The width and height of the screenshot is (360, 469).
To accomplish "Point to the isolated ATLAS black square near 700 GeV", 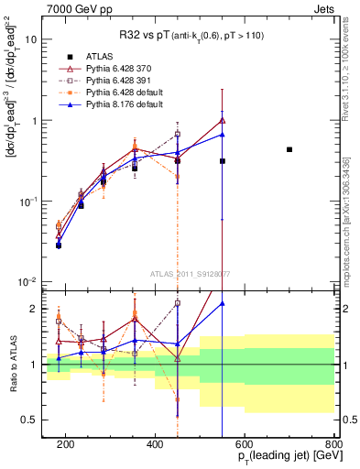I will click(289, 149).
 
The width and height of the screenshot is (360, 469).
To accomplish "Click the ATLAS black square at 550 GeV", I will click(223, 161).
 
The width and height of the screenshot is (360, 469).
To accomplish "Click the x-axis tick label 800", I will click(334, 444).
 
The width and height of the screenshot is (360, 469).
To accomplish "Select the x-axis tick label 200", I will click(65, 444).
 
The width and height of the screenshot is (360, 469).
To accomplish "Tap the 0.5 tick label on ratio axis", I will click(30, 420).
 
